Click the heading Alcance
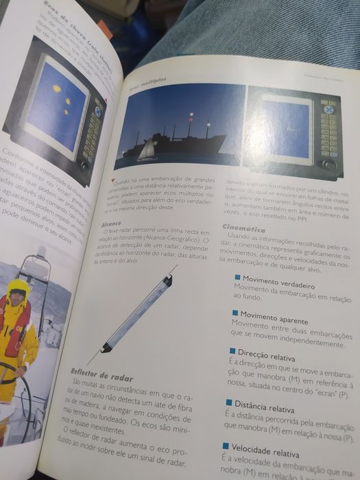click(x=110, y=224)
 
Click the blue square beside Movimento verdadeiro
click(x=237, y=276)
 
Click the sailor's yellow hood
click(x=18, y=287)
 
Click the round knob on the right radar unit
click(x=329, y=164)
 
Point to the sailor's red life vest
click(x=15, y=323)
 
